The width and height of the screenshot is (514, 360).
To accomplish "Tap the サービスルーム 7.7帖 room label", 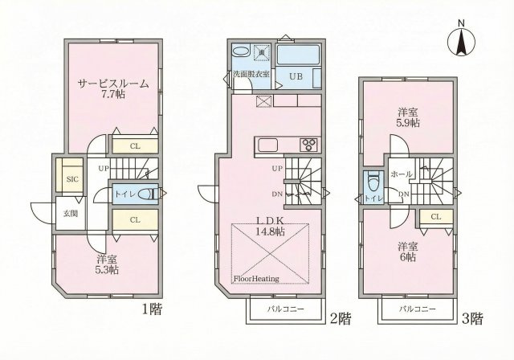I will (113, 88).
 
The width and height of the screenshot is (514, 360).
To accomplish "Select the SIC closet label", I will (72, 180).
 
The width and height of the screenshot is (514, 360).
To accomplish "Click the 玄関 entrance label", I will (71, 213).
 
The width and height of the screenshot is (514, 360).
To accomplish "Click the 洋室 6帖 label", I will (406, 252).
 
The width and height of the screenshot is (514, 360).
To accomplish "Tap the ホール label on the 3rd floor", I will (401, 174).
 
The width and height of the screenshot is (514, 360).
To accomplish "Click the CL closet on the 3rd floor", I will (435, 217).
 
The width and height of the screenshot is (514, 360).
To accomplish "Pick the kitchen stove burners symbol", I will (309, 145).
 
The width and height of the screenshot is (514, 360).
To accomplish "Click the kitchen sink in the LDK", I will (267, 145).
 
